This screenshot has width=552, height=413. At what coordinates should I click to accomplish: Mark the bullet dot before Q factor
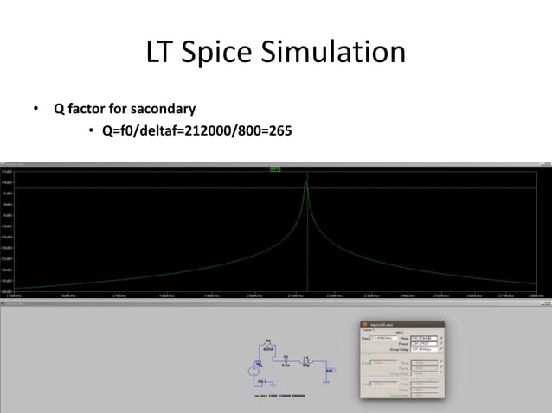36,110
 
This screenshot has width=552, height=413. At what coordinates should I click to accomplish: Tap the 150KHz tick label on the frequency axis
15,295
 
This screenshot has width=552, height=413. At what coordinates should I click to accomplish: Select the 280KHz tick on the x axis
535,295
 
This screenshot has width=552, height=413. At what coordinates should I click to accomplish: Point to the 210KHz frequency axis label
295,295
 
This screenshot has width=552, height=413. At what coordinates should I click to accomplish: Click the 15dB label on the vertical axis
7,172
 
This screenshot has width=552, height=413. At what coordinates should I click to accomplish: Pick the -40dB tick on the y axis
7,290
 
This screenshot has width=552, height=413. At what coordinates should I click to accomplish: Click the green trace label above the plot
274,168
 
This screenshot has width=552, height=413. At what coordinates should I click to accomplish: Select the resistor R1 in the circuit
267,344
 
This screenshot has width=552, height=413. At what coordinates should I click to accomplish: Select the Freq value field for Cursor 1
379,338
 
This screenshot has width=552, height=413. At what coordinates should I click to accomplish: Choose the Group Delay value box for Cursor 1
426,349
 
